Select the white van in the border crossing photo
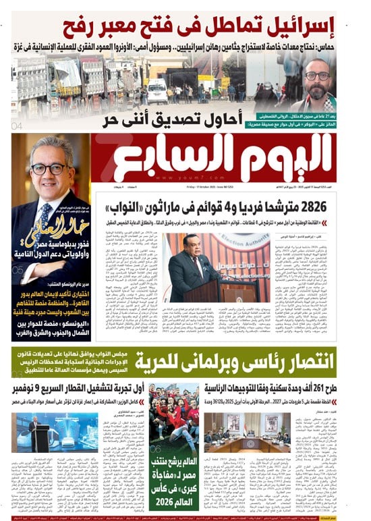157,88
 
